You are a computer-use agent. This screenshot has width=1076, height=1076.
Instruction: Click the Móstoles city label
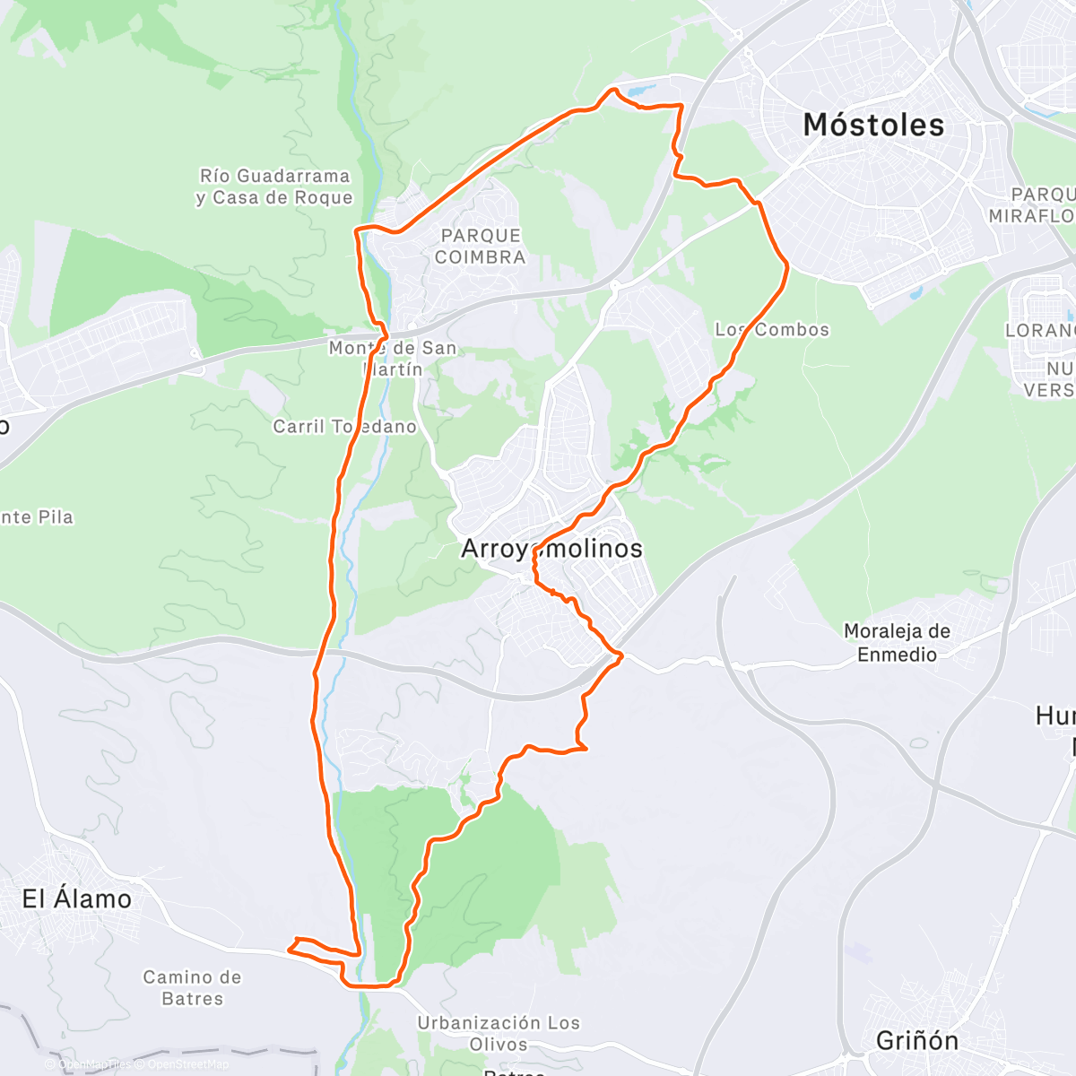[x=873, y=125]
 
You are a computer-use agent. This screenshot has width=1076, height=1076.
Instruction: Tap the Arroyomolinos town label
[x=551, y=548]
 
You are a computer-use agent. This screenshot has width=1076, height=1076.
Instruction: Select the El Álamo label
[x=77, y=898]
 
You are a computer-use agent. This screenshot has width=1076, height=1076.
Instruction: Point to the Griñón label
[x=917, y=1040]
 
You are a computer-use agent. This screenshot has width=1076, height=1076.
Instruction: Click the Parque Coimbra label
[x=481, y=247]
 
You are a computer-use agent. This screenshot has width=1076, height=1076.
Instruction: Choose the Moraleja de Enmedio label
[x=897, y=643]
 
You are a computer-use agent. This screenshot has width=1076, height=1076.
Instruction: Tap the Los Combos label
[x=772, y=330]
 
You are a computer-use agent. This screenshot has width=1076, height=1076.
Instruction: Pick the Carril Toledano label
[x=345, y=427]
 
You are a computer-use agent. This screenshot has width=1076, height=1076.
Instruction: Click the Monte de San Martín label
[x=393, y=358]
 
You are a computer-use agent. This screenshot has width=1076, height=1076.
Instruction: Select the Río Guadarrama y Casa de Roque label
[x=274, y=187]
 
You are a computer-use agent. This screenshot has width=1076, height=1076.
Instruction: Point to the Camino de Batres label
[x=192, y=987]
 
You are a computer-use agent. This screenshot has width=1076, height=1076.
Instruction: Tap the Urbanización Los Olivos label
[x=499, y=1033]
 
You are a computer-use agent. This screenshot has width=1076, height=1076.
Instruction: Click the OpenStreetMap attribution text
[x=187, y=1064]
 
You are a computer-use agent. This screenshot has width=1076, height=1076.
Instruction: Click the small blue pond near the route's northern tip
[x=641, y=91]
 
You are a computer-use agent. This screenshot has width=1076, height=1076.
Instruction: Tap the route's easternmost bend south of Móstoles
[x=787, y=265]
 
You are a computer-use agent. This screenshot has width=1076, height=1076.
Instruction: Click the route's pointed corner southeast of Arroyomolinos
[x=621, y=656]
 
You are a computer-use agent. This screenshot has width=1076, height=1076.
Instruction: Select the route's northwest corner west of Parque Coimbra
[x=358, y=231]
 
